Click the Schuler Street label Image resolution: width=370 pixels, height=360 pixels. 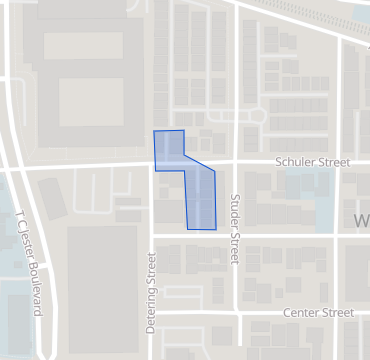coord(312,161)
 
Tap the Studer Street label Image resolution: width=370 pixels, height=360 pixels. coord(236,229)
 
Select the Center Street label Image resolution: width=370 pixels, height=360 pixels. coord(318,313)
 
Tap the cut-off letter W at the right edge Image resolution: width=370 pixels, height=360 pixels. coord(362,218)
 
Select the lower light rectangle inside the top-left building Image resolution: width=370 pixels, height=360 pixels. coord(91,102)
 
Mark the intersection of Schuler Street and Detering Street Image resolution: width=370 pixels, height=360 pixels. coord(151,167)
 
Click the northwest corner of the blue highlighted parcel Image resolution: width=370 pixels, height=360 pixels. coord(153,132)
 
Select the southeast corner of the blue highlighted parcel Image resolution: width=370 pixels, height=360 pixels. coord(216,229)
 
